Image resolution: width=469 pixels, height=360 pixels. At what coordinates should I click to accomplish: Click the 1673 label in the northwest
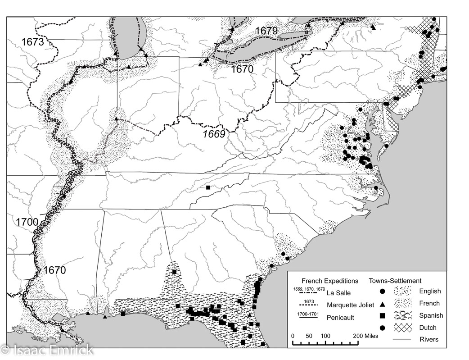32,42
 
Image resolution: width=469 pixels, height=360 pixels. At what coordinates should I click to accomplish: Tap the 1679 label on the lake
267,31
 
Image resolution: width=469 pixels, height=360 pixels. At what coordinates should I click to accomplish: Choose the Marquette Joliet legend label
350,305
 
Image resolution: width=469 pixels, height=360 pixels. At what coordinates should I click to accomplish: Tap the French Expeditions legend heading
324,281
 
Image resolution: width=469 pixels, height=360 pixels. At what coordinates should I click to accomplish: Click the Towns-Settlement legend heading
395,281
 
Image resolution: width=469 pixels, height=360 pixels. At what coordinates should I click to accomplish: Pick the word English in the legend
430,292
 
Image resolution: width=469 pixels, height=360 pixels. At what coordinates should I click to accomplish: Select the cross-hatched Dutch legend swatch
401,328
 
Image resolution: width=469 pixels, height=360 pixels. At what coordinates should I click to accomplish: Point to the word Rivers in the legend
429,339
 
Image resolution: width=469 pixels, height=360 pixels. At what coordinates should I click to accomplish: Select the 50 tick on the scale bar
309,336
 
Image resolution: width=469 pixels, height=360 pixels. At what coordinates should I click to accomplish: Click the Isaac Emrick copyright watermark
47,350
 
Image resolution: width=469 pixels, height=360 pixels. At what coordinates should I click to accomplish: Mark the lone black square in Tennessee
208,187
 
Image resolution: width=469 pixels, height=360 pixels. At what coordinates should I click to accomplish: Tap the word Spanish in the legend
431,315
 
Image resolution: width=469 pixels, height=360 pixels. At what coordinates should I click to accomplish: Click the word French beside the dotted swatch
429,303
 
